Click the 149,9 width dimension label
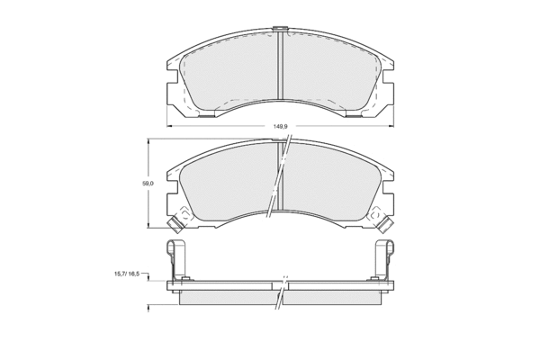tap(280, 126)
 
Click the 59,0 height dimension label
tap(148, 184)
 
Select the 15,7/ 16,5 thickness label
tap(127, 274)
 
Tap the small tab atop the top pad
tap(280, 29)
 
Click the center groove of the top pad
tap(280, 66)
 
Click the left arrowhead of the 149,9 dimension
tap(169, 126)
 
